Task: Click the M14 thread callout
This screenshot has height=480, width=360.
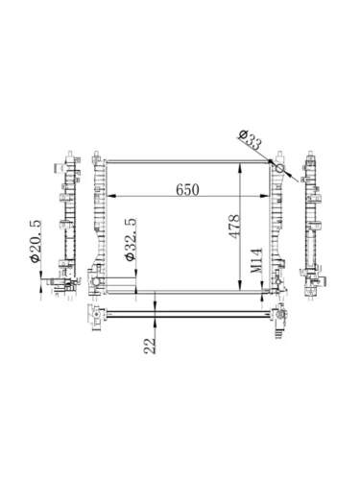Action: coord(256,261)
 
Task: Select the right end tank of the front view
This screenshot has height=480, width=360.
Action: coord(276,226)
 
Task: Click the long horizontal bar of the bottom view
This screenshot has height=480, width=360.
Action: coord(187,312)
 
